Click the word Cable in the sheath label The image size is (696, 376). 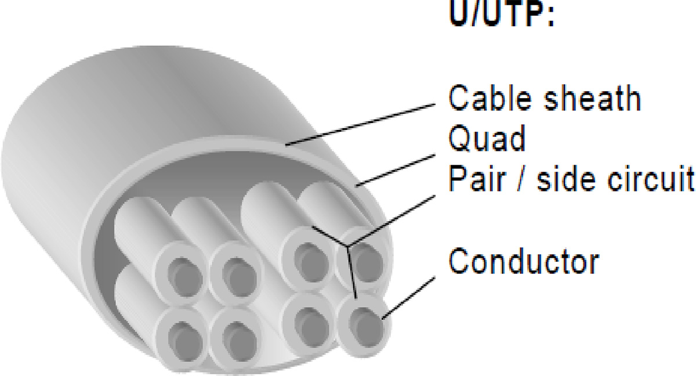490,97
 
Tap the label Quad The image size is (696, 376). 487,138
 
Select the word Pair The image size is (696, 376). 477,179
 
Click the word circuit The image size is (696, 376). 651,179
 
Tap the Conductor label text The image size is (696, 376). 524,261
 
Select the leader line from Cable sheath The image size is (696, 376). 360,125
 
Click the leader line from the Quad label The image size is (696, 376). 396,170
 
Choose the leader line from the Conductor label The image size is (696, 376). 408,298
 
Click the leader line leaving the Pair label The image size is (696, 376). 391,220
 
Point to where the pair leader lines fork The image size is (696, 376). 347,246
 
